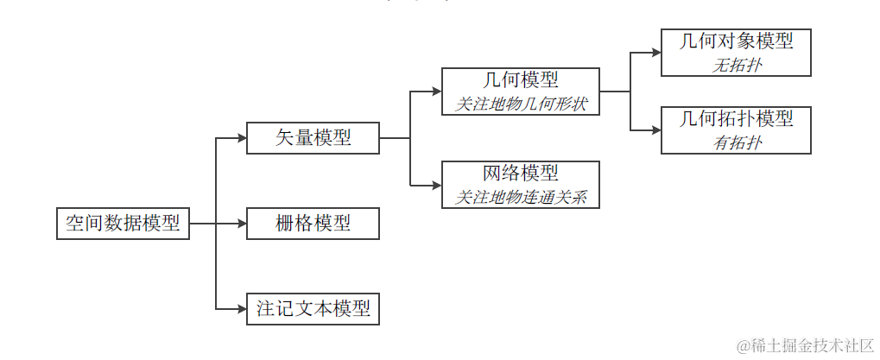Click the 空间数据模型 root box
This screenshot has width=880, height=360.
coord(123,224)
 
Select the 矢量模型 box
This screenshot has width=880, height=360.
coord(313,138)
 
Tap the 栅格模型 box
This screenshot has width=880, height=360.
coord(313,224)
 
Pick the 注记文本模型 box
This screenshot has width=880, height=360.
coord(313,309)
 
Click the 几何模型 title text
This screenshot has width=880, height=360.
coord(520,80)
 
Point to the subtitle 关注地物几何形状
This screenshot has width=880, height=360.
coord(520,104)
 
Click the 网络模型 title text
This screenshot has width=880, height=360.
coord(520,173)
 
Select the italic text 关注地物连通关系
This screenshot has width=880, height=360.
coord(520,197)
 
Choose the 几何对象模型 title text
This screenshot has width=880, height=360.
coord(736,41)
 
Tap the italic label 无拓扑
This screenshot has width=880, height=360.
coord(736,64)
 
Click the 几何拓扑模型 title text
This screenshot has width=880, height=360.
coord(736,119)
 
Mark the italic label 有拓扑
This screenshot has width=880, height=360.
coord(736,142)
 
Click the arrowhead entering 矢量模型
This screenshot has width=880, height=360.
coord(241,138)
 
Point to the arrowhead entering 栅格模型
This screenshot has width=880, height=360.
coord(241,224)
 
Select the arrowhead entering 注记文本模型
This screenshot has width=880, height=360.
coord(241,309)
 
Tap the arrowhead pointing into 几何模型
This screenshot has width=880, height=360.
coord(436,91)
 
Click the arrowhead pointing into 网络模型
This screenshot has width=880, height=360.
coord(436,185)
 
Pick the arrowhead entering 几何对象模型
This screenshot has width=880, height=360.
coord(655,52)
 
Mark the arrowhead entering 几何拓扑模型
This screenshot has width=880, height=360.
coord(655,130)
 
